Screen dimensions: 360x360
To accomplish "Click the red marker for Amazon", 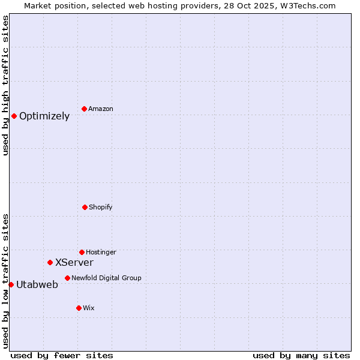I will click(84, 109).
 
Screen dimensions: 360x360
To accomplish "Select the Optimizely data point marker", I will click(14, 116).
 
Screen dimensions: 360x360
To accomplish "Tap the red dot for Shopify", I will click(85, 207).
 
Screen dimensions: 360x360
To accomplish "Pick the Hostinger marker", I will click(82, 252).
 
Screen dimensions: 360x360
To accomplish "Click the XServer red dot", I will click(50, 262).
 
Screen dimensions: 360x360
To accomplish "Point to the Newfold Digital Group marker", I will click(67, 278).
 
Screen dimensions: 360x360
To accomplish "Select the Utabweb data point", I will click(11, 284).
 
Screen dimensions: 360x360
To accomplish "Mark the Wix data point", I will click(79, 308).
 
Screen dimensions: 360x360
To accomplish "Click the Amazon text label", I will click(101, 109).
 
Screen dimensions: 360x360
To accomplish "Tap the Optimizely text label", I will click(44, 116).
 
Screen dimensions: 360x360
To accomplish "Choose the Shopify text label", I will click(101, 208).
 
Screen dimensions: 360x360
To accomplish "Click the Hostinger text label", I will click(101, 253).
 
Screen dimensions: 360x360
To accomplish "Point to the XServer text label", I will click(74, 263).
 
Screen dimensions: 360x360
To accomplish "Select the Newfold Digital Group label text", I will click(106, 278).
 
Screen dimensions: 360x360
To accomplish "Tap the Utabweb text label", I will click(37, 285).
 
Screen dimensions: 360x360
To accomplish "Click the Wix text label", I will click(89, 308).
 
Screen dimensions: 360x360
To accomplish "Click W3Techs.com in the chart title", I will click(305, 5).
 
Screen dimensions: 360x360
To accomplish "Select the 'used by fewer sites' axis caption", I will click(62, 355).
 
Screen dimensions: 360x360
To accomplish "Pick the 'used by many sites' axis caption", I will click(301, 355).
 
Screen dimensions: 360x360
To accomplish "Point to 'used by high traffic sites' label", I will click(5, 85).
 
